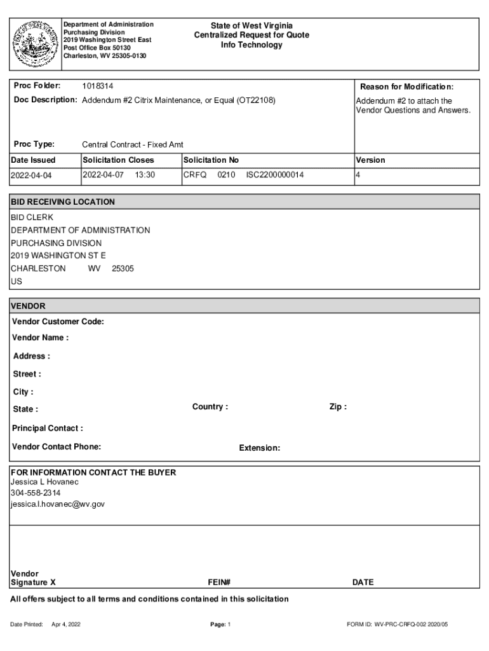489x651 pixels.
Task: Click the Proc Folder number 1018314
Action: click(98, 86)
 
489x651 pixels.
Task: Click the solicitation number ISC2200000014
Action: click(275, 174)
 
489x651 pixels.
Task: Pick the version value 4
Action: click(358, 174)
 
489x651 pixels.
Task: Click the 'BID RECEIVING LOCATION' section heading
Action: click(63, 202)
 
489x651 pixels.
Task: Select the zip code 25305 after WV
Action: click(123, 268)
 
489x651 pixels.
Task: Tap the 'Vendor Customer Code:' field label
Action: click(58, 322)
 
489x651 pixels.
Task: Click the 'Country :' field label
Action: click(210, 407)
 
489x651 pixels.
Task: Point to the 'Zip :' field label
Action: click(338, 407)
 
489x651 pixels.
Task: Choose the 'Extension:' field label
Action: click(260, 448)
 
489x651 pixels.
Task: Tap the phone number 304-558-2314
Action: click(36, 493)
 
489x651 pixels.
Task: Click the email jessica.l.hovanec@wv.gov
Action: click(58, 504)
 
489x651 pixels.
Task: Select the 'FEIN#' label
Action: click(219, 582)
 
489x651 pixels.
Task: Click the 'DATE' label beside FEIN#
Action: click(363, 582)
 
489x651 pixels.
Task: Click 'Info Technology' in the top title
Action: click(251, 45)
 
